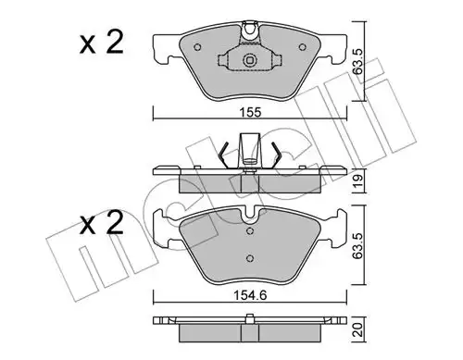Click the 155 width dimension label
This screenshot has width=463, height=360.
point(250,113)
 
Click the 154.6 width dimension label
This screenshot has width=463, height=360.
point(250,296)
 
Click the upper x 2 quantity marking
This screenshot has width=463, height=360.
point(101,43)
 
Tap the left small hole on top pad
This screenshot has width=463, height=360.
point(198,47)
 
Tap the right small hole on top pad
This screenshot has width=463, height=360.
point(303,47)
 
